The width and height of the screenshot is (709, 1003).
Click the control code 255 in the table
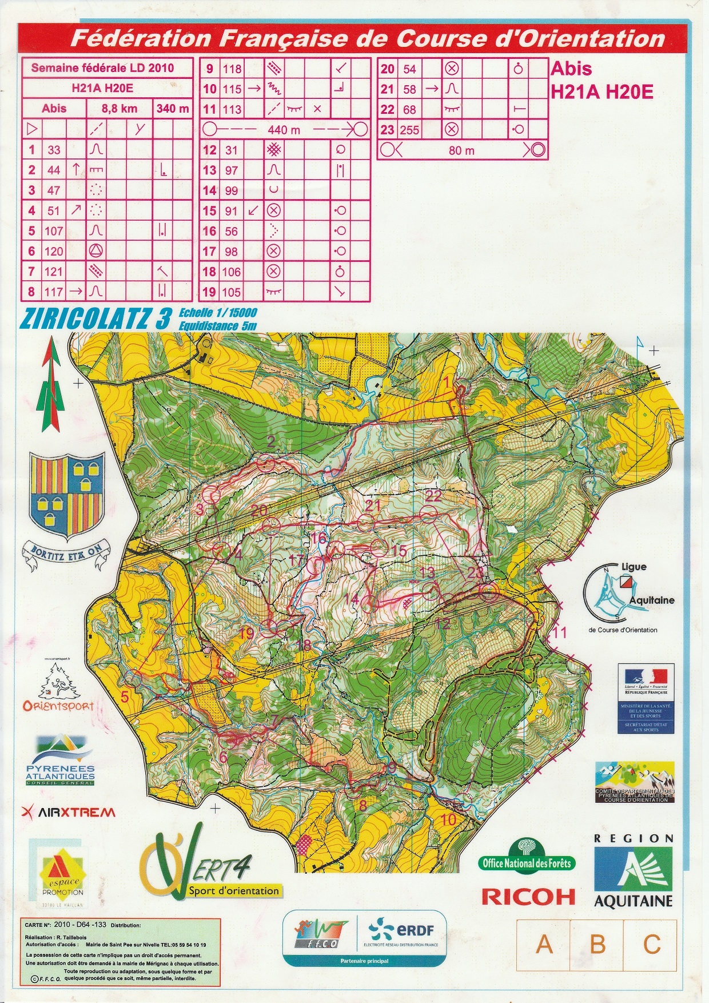click(409, 130)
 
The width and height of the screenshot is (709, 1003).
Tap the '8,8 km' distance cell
click(119, 108)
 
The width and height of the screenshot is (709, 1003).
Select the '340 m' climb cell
click(172, 108)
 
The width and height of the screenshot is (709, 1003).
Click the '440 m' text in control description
click(284, 130)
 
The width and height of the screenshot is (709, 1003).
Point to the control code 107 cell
click(54, 231)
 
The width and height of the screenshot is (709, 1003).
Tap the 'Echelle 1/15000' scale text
click(217, 313)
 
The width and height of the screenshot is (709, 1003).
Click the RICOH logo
click(528, 896)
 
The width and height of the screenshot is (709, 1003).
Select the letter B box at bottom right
click(598, 944)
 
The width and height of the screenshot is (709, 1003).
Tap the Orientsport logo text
click(58, 706)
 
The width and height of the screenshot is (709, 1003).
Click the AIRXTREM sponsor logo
click(68, 812)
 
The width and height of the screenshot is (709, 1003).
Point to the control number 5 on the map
click(125, 696)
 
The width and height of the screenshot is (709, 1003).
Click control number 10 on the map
click(448, 819)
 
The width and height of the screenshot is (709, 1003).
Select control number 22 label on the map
click(433, 495)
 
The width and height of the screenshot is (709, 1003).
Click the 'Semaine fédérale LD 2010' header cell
click(102, 68)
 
